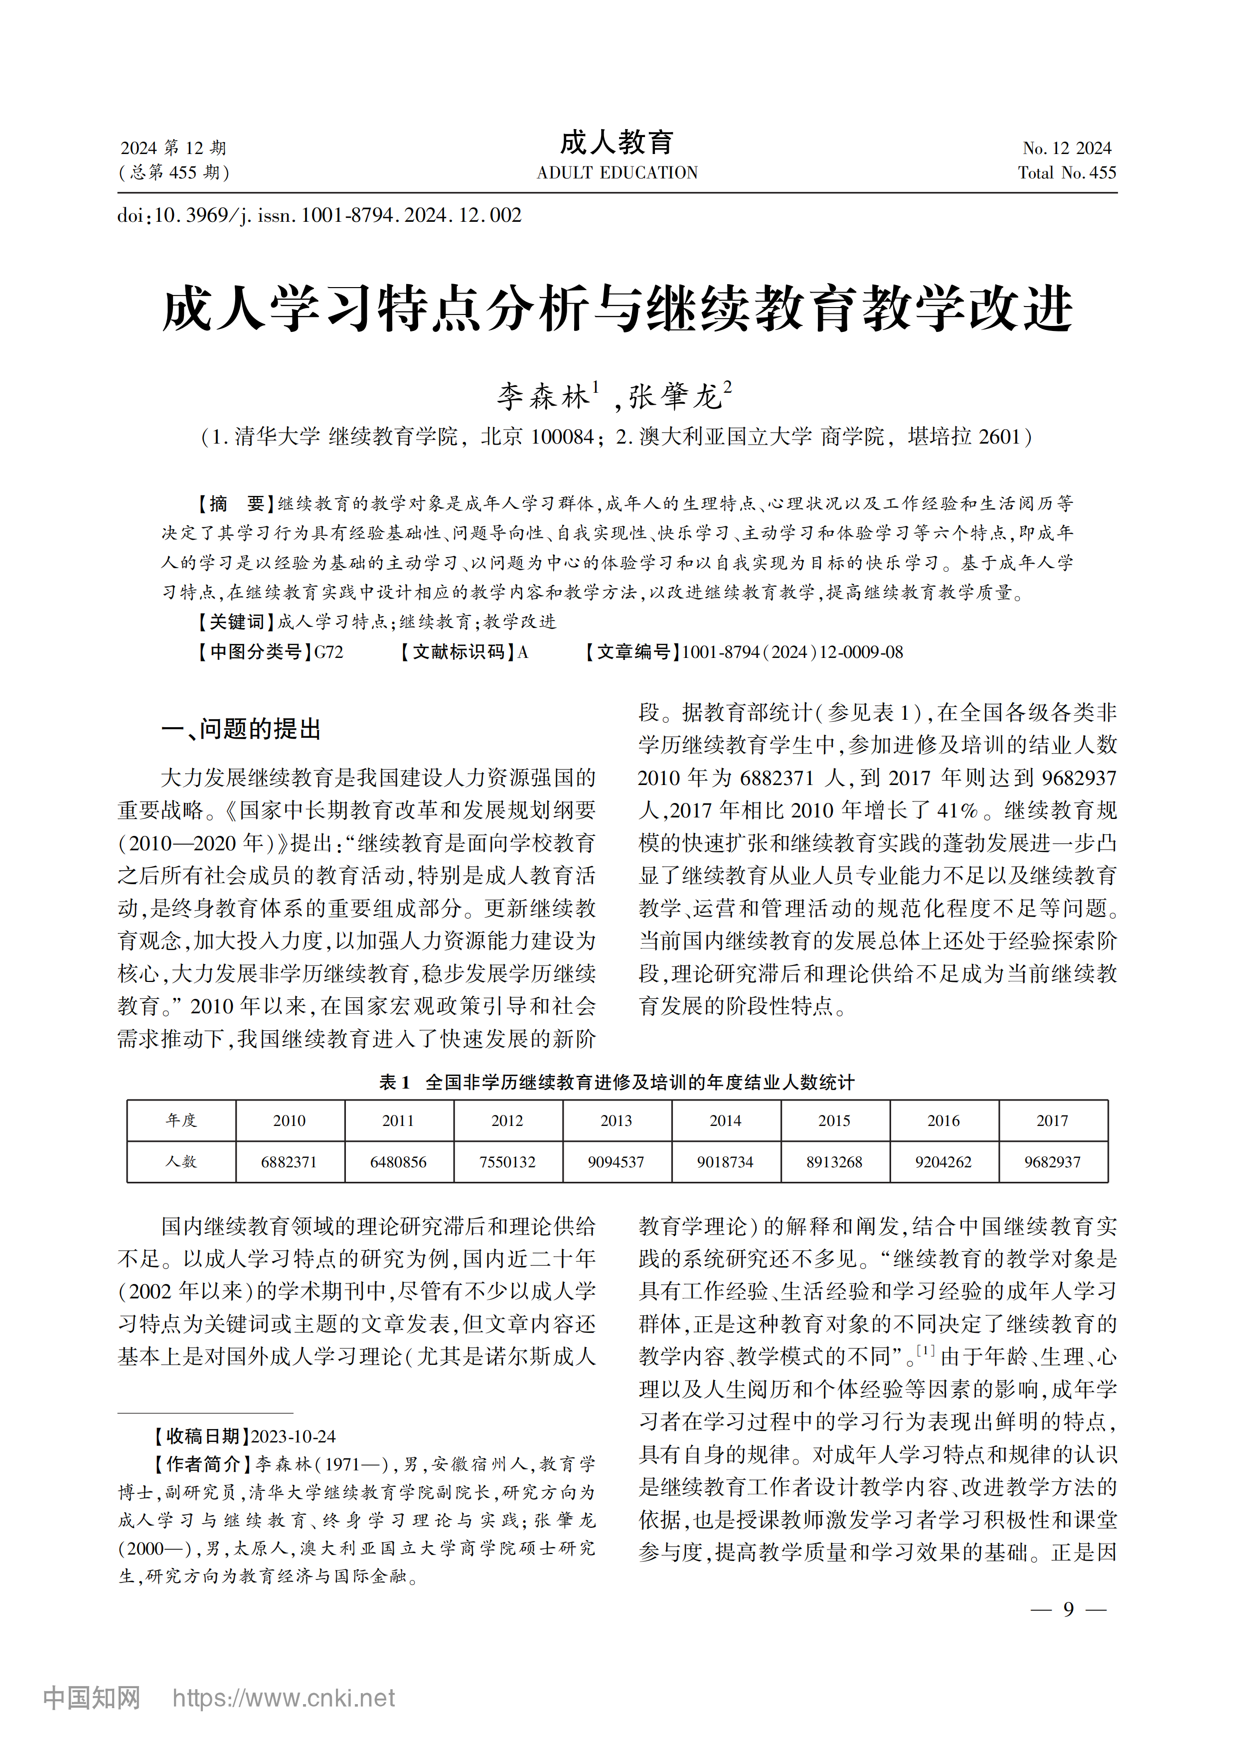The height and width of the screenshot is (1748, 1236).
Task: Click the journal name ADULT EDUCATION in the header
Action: [617, 173]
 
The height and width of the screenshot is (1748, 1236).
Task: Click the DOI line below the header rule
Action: [319, 215]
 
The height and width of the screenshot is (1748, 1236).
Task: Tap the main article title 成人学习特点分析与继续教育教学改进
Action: [617, 309]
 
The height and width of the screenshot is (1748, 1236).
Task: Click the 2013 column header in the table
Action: [617, 1120]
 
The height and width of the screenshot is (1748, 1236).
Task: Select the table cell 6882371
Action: [289, 1162]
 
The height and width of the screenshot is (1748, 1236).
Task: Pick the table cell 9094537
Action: [617, 1162]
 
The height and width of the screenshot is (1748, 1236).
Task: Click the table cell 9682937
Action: [1053, 1162]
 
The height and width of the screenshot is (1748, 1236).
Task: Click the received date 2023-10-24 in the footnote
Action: [293, 1436]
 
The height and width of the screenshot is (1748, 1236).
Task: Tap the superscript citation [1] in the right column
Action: [926, 1351]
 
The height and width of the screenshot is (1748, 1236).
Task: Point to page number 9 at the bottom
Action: [1069, 1608]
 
